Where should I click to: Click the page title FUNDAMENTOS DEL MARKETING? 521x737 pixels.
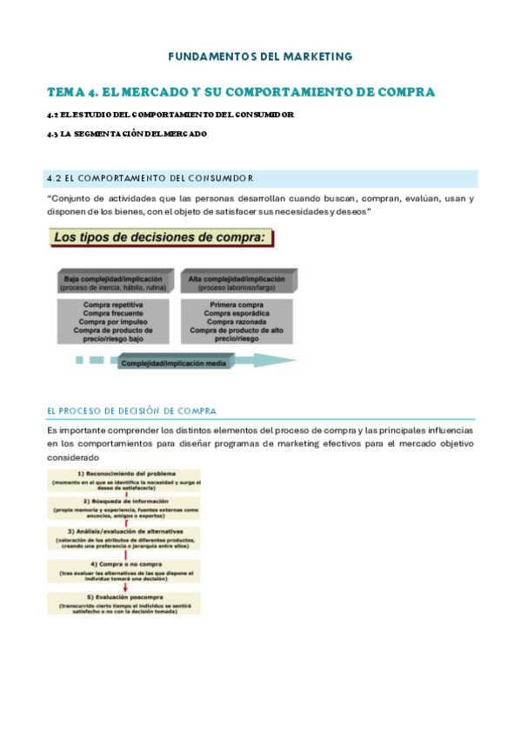(260, 56)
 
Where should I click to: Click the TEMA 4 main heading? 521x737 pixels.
(240, 92)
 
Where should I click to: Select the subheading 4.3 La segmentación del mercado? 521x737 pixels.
(127, 134)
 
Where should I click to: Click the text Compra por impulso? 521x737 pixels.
(113, 322)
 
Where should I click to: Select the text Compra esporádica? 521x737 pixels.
(237, 314)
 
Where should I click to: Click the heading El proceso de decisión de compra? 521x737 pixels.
(131, 411)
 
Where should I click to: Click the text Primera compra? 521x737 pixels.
(237, 305)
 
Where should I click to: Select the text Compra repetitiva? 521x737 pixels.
(113, 305)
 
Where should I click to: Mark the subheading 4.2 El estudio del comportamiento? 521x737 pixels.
(170, 115)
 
